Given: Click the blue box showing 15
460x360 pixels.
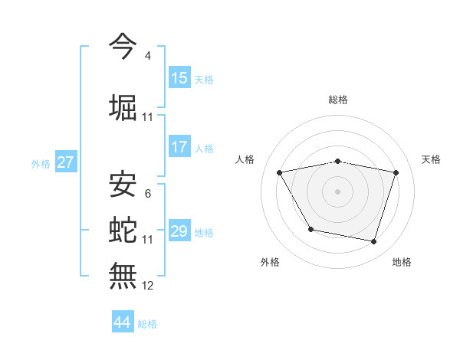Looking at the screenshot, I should point(179,78).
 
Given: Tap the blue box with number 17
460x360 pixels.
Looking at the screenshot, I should point(179,147).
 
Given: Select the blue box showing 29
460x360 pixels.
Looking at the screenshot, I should point(179,231).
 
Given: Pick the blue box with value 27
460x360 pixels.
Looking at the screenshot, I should point(65,162).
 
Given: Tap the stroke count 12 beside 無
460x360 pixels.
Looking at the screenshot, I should point(148,286).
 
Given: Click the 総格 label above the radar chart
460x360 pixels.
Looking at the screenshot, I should point(338,100).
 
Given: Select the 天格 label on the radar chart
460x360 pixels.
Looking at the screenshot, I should point(432,159).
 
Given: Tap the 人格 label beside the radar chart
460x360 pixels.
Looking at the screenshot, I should point(245,159).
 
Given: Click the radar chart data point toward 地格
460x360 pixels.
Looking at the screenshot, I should point(373,242).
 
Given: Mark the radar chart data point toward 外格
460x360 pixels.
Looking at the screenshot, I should point(310,229).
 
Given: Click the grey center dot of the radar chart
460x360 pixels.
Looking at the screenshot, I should point(338,191).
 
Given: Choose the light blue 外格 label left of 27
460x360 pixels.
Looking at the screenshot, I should point(40,163).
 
